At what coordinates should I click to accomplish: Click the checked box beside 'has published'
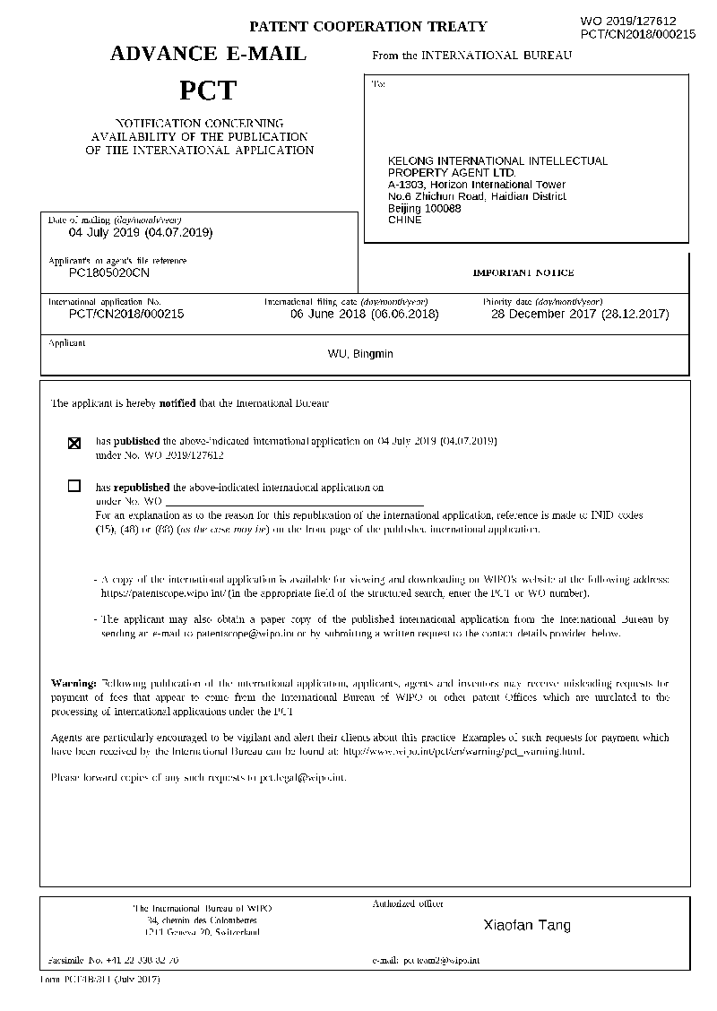coord(74,442)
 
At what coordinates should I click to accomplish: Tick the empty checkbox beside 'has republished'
coord(74,487)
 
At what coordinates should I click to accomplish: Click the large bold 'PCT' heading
coord(207,91)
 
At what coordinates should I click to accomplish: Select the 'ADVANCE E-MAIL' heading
coord(208,55)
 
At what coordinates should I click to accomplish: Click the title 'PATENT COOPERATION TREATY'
coord(367,27)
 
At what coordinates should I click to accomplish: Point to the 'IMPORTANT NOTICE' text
coord(523,272)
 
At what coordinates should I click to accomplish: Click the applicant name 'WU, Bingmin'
coord(360,354)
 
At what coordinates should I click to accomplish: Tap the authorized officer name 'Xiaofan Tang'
coord(527,925)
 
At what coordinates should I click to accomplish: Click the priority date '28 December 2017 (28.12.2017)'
coord(580,315)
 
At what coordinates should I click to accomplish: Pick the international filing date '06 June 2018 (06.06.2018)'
coord(365,315)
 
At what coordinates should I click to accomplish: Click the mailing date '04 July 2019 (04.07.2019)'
coord(141,232)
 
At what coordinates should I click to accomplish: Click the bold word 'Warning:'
coord(73,684)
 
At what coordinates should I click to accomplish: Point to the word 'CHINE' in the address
coord(404,220)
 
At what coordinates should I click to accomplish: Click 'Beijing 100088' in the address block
coord(425,208)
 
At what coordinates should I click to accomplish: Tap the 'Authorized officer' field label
coord(408,904)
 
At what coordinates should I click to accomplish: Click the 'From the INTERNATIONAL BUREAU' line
coord(471,56)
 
